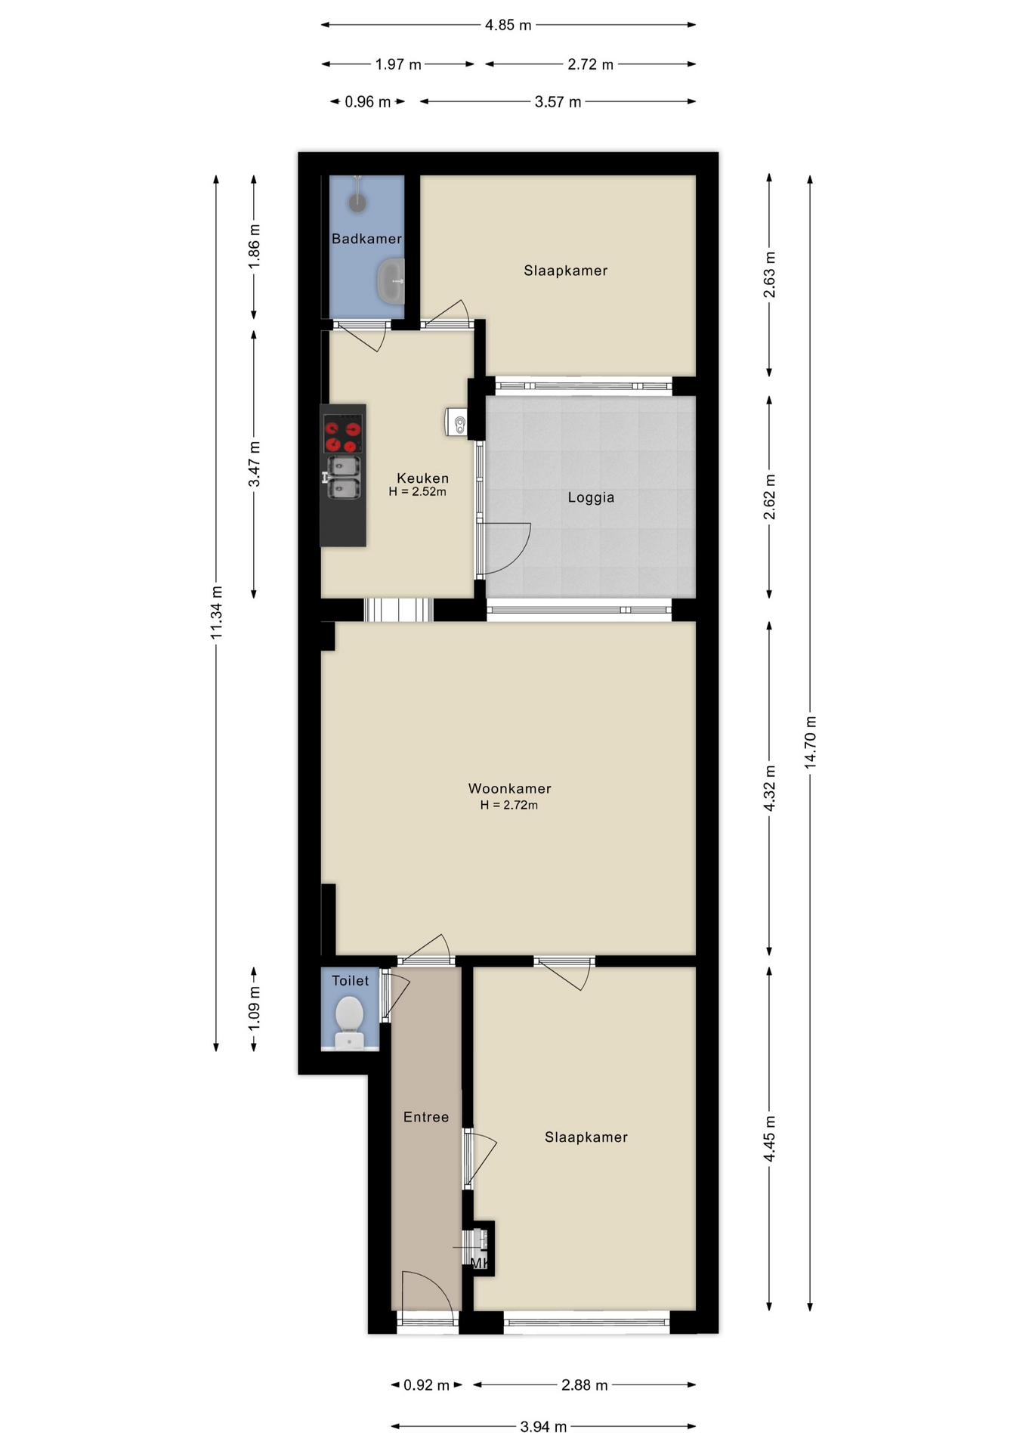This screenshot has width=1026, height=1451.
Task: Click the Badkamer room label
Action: click(366, 239)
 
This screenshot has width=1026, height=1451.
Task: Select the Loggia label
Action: click(591, 497)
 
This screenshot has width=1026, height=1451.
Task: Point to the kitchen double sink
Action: click(343, 478)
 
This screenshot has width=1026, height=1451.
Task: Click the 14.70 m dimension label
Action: click(810, 742)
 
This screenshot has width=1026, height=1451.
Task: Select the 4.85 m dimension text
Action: click(508, 25)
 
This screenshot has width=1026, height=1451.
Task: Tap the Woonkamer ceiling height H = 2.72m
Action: click(509, 806)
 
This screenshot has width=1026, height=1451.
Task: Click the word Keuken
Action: click(423, 478)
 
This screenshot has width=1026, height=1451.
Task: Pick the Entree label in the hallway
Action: click(426, 1117)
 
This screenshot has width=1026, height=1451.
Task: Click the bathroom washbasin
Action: click(391, 281)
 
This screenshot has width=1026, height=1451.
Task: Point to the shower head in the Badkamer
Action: click(357, 202)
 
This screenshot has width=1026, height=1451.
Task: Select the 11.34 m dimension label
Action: click(217, 612)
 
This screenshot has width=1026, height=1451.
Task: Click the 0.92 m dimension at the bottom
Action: click(426, 1385)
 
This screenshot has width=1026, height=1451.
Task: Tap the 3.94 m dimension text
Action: click(543, 1427)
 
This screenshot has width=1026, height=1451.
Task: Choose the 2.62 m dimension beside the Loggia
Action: click(770, 497)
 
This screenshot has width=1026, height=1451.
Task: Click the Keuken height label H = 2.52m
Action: click(418, 492)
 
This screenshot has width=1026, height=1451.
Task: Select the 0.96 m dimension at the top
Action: click(368, 102)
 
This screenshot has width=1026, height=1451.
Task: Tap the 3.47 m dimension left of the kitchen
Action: click(255, 464)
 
